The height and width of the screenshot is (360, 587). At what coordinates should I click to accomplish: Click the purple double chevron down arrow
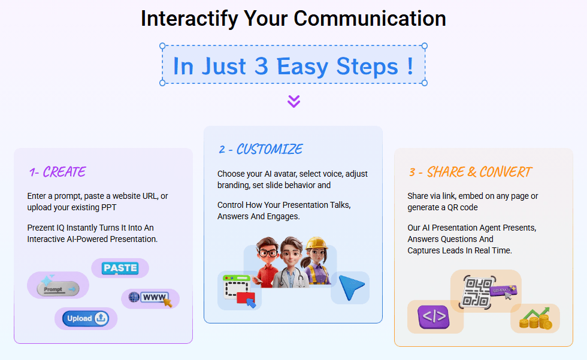(x=293, y=101)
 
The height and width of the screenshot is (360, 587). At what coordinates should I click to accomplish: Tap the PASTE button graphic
(x=120, y=268)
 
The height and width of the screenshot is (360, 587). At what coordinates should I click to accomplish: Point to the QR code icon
(x=477, y=291)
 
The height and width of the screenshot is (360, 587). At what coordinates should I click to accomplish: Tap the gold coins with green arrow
(x=535, y=319)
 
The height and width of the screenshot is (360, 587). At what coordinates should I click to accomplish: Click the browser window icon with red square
(x=238, y=291)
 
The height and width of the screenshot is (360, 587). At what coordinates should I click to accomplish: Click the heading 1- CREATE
(x=58, y=172)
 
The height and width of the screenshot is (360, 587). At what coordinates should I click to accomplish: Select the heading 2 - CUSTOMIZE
(x=261, y=149)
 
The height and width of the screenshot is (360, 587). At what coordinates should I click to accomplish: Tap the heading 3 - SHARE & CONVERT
(x=470, y=172)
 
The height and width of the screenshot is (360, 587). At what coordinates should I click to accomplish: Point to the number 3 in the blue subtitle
(x=261, y=66)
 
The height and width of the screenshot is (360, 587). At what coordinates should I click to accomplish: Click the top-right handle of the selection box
(x=425, y=46)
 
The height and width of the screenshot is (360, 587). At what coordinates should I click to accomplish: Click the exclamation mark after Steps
(x=410, y=66)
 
